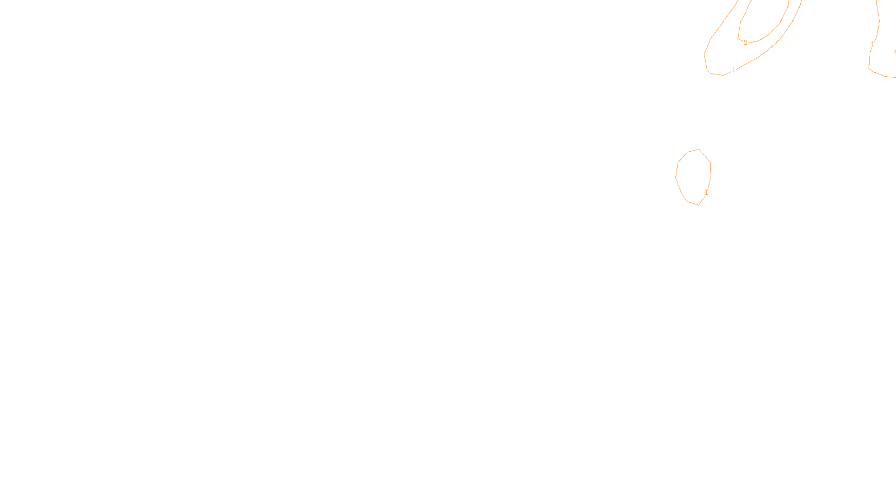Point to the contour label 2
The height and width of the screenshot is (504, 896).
[x=745, y=42]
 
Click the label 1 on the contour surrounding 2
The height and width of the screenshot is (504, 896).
[x=734, y=70]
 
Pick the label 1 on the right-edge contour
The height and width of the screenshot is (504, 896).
[x=872, y=44]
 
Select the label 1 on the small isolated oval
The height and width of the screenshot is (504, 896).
[x=706, y=193]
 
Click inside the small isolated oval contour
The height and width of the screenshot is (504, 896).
[x=693, y=176]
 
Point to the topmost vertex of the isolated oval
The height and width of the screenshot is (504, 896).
[x=699, y=150]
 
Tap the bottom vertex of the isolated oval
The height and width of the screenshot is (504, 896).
[x=698, y=205]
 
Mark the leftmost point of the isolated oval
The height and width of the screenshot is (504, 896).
[x=676, y=176]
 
